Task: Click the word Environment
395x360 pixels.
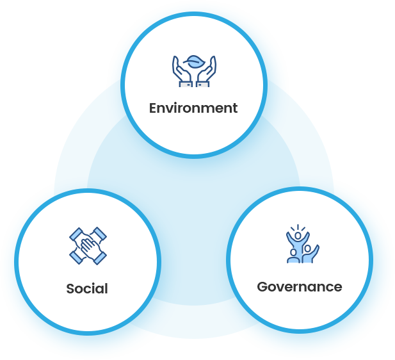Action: click(193, 108)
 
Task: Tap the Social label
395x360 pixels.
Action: click(87, 288)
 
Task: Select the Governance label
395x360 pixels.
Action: click(300, 287)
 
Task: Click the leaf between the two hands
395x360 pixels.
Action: click(194, 61)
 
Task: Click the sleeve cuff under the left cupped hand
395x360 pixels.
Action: click(186, 84)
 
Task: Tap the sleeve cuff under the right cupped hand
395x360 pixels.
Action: click(203, 84)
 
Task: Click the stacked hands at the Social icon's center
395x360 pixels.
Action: click(88, 246)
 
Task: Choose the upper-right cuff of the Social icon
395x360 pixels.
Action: click(101, 233)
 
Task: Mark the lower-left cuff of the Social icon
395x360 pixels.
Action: click(76, 258)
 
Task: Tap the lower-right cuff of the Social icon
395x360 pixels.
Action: click(101, 258)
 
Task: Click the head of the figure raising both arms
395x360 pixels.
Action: click(298, 236)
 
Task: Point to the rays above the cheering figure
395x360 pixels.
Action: click(298, 227)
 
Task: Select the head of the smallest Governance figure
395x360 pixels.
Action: click(293, 252)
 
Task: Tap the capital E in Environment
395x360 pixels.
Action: click(154, 108)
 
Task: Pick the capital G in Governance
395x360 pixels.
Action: click(262, 287)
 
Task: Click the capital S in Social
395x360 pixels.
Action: click(70, 289)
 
